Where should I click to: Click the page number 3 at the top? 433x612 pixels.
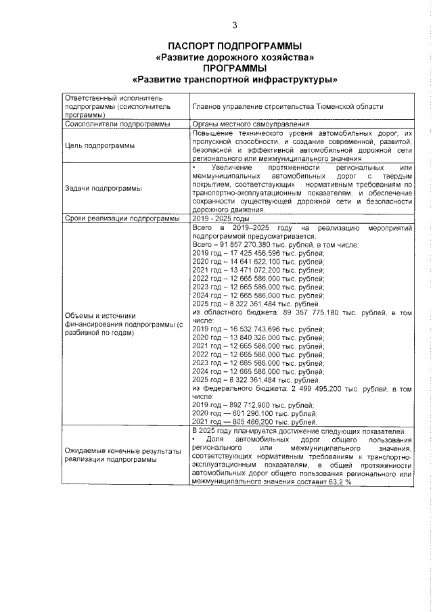(x=234, y=26)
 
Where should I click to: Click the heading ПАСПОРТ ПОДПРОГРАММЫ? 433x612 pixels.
(x=234, y=45)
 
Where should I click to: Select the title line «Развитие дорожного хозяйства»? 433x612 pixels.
(x=234, y=57)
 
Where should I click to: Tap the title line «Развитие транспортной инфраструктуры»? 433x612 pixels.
(x=234, y=79)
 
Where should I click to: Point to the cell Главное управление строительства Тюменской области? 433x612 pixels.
(x=288, y=106)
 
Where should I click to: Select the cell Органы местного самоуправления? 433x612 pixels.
(x=250, y=124)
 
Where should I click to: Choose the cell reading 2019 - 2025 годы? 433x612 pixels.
(x=221, y=219)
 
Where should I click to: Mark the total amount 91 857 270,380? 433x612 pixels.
(x=252, y=245)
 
